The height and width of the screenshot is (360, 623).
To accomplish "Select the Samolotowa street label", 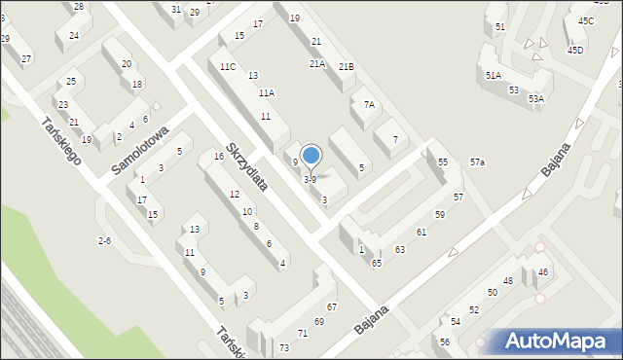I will coord(140,150).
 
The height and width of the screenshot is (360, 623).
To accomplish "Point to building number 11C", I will coord(227,66).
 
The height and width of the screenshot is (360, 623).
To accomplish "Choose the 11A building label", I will coord(266,92).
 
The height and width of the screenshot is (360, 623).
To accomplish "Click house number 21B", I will coord(346,66).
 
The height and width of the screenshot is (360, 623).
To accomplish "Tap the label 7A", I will coord(369,104).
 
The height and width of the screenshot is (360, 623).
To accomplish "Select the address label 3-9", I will coord(310,179).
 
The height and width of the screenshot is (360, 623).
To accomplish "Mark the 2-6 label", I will coord(104,240).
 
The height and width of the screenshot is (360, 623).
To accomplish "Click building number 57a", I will coord(477,162).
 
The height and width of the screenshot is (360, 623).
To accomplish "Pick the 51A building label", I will coord(493,75).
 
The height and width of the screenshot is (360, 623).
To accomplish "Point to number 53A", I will coord(536,98).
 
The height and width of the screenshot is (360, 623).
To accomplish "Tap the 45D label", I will coord(575,50).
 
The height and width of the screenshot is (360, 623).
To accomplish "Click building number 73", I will coord(284,347).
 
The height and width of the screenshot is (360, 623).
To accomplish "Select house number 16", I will coord(219,157).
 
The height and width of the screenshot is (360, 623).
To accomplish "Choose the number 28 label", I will coord(78,7).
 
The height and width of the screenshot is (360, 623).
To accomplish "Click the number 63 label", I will coord(399,250).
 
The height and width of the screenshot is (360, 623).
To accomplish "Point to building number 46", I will coord(543,271).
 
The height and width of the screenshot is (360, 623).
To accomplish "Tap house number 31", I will coord(176,10).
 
